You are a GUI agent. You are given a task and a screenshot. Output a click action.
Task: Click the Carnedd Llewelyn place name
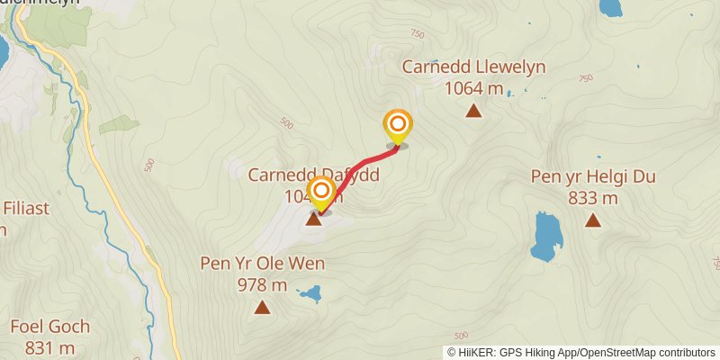click(x=473, y=67)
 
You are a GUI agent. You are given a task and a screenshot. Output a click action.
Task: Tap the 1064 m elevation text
click(x=473, y=88)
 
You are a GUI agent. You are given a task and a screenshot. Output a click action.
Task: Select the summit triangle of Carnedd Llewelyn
click(x=473, y=112)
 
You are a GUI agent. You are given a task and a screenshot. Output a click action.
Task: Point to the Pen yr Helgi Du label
click(x=593, y=177)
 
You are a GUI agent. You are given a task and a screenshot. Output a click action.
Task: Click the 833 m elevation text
click(x=593, y=198)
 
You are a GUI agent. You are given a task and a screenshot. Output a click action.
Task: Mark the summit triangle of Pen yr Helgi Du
click(x=593, y=220)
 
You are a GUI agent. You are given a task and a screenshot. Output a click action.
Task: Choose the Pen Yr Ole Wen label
click(x=262, y=265)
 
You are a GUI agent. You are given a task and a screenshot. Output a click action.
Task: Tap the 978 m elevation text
click(x=262, y=285)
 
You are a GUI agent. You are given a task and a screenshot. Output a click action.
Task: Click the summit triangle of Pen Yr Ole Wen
click(x=262, y=308)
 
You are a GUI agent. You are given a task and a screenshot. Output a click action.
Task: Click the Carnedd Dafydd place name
click(x=297, y=175)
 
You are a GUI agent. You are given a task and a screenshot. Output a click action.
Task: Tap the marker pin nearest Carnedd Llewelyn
click(x=397, y=126)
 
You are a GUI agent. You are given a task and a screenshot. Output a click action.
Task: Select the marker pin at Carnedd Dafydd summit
click(x=321, y=193)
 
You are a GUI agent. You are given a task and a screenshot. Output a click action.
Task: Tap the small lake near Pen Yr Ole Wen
click(x=311, y=293)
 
